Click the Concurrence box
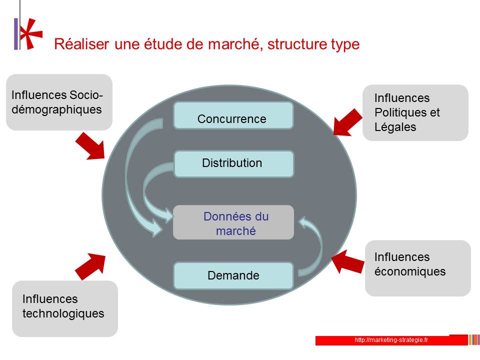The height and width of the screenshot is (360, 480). click(x=233, y=115)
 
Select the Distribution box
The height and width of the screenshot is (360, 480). click(x=234, y=164)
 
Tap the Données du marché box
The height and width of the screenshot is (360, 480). click(x=233, y=222)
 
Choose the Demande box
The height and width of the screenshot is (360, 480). click(x=233, y=275)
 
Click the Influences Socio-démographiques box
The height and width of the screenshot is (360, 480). click(x=59, y=102)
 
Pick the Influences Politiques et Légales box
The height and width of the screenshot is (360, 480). click(x=415, y=112)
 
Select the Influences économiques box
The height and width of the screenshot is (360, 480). click(x=418, y=268)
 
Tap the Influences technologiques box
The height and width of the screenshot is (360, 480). click(x=65, y=309)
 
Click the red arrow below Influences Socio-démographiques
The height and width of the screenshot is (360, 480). click(x=90, y=146)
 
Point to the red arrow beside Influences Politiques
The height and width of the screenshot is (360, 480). click(x=347, y=122)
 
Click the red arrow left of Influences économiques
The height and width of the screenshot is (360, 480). click(x=348, y=261)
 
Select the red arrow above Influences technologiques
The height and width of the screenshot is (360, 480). click(x=90, y=266)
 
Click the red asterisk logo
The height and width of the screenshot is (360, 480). click(x=31, y=33)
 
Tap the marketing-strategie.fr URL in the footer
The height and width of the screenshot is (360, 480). click(x=391, y=340)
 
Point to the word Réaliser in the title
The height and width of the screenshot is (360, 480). click(x=81, y=44)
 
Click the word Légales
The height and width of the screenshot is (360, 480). click(x=395, y=127)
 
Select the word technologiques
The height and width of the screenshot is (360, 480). click(x=63, y=314)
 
